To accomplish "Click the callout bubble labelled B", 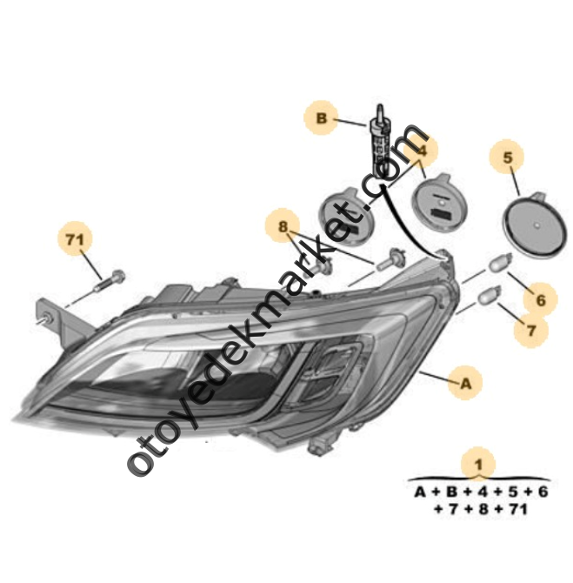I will pos(320,117).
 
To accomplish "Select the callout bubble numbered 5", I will pos(508,157).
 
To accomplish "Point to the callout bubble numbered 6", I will pos(540,300).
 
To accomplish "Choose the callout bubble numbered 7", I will pos(530,330).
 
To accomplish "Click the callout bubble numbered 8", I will pos(283,229).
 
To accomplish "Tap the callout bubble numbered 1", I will pos(477,463).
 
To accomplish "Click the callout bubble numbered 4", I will pos(422,151).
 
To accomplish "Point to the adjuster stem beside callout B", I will pos(378,139).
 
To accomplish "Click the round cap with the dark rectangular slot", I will pos(441,202).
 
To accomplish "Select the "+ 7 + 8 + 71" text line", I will pos(480,510).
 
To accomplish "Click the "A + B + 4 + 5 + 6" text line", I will pos(480,492).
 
